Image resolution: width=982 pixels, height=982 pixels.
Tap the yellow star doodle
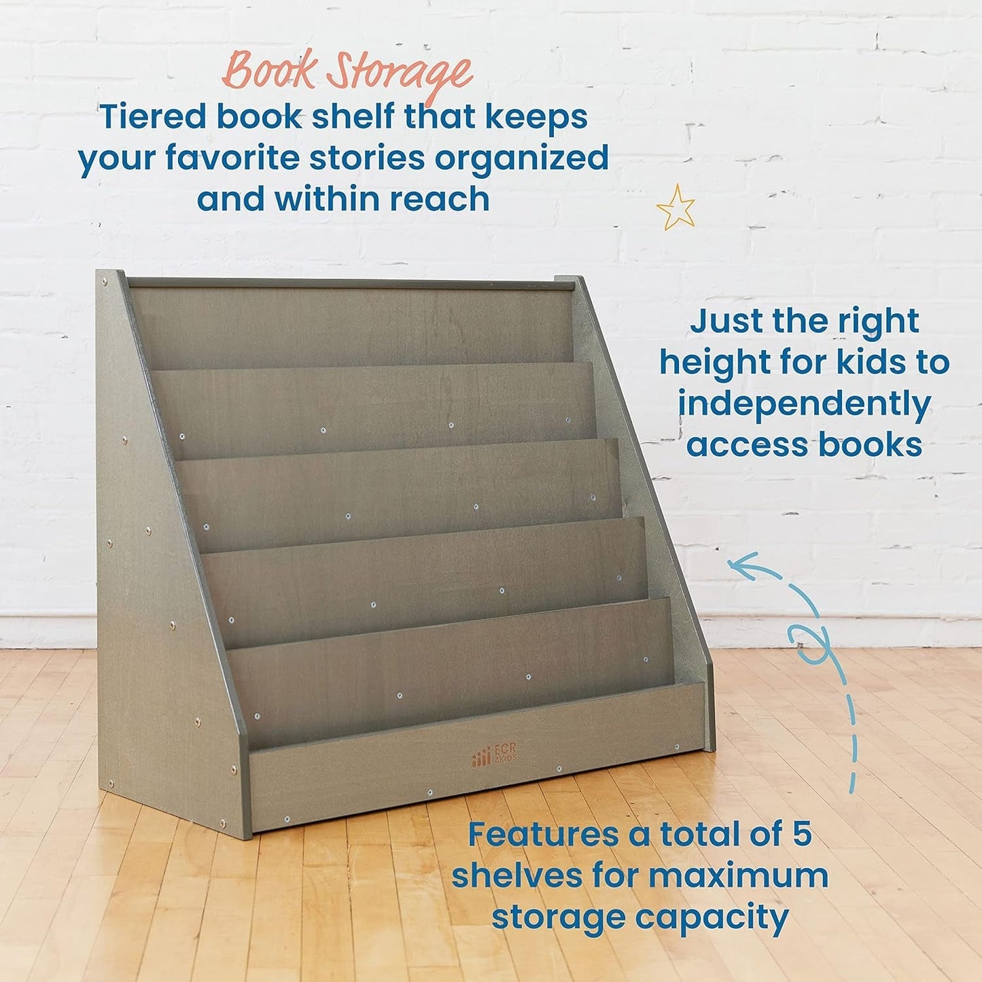pos(676,208)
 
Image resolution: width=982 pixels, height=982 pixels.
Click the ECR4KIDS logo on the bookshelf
pos(495,754)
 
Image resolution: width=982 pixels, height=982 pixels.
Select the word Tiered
pos(152,117)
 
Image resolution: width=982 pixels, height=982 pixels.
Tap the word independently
pos(804,405)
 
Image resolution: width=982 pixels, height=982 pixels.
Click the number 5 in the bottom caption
pos(802,834)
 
